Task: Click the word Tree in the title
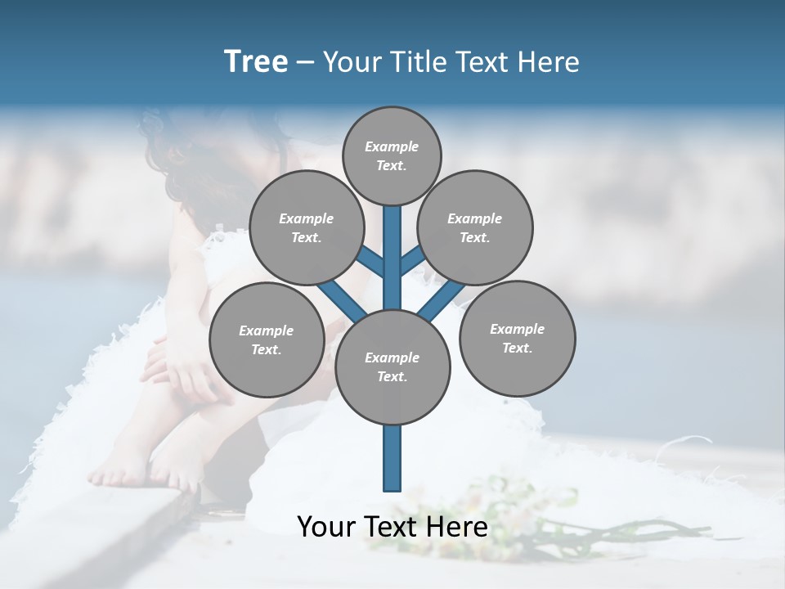tap(256, 61)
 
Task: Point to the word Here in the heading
tap(551, 61)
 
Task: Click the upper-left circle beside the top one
tap(306, 228)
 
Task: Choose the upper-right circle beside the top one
tap(475, 228)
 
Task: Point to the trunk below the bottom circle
tap(392, 458)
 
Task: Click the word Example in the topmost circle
tap(392, 146)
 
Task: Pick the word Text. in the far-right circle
tap(517, 348)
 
